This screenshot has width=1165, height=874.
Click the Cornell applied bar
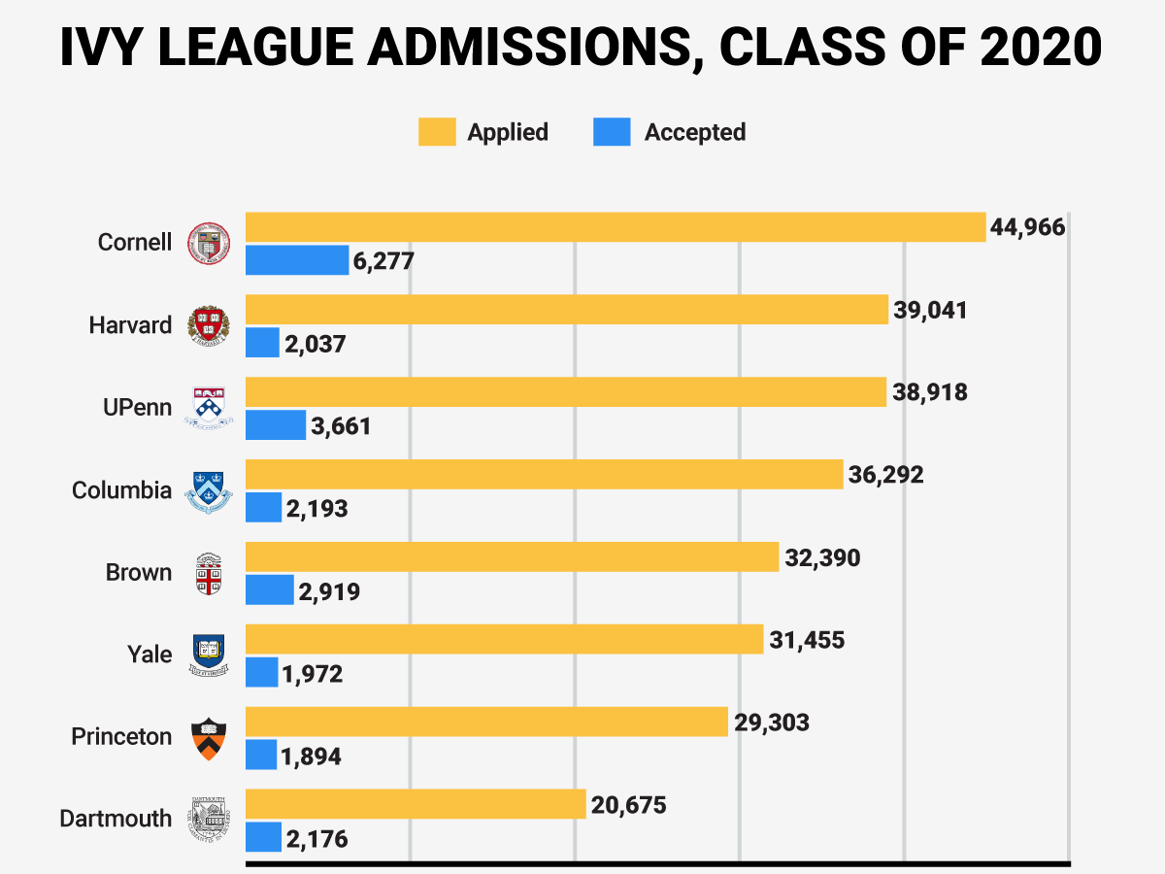point(616,227)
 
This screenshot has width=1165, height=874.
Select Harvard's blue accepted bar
point(262,342)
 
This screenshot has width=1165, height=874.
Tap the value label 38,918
point(930,392)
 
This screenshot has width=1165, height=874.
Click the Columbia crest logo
point(209,492)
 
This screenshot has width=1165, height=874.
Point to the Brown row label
point(139,573)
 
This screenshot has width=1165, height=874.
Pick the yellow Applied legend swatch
point(437,132)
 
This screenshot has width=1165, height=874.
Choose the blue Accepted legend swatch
point(612,132)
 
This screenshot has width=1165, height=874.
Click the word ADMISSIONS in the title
point(536,48)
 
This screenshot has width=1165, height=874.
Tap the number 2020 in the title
point(1041,47)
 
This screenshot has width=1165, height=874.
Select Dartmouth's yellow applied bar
point(416,803)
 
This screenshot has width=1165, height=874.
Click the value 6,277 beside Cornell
point(383,261)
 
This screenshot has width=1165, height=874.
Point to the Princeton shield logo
point(209,739)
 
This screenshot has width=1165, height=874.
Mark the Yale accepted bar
point(262,672)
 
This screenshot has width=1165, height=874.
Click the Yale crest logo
point(209,655)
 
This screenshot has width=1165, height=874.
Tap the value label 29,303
point(772,723)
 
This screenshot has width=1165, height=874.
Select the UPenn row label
point(138,408)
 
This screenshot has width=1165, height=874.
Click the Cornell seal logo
point(209,244)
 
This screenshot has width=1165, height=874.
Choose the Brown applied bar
point(513,556)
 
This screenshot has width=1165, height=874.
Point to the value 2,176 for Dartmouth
point(316,839)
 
